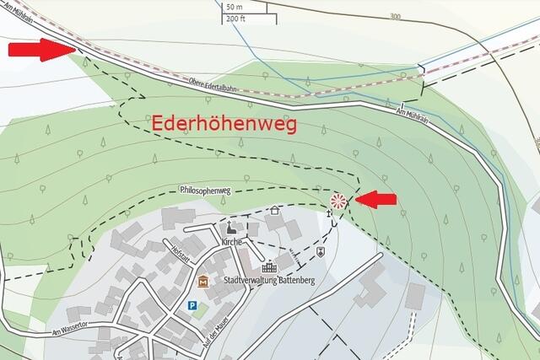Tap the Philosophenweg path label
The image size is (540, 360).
206,191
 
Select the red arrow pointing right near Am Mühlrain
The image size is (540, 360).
40,50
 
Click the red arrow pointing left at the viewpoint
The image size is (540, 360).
375,199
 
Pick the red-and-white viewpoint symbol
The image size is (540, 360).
337,201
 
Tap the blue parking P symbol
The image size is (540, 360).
192,306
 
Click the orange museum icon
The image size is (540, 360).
202,280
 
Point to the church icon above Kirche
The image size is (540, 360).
229,228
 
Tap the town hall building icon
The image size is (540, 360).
270,266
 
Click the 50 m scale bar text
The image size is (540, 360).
234,8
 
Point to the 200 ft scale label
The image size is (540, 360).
235,18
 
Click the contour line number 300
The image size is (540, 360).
395,17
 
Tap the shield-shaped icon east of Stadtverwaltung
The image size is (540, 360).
320,251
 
